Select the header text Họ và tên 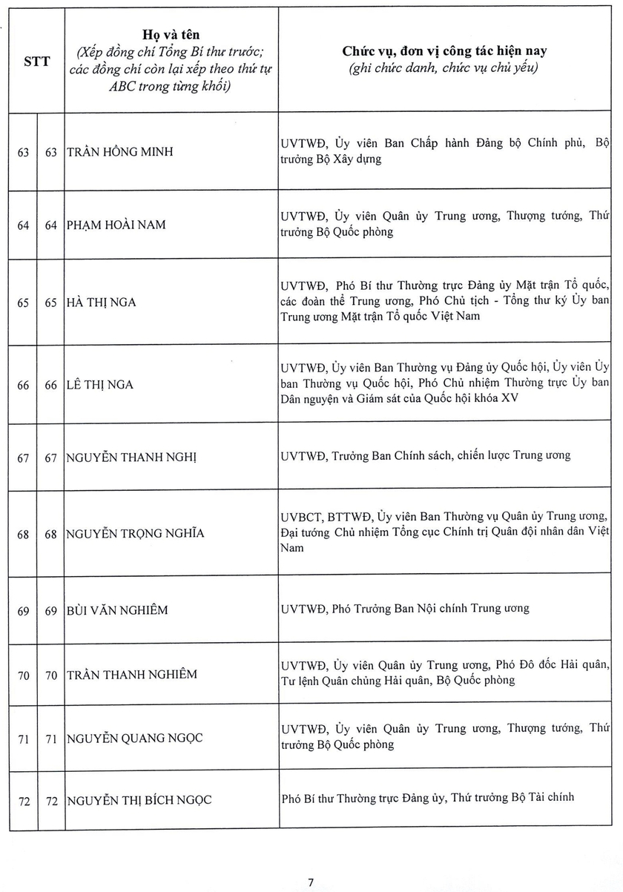click(170, 34)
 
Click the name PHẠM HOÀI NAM click(116, 225)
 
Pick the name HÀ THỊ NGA click(102, 303)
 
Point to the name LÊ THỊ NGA click(101, 385)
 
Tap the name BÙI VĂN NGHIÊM click(117, 610)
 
